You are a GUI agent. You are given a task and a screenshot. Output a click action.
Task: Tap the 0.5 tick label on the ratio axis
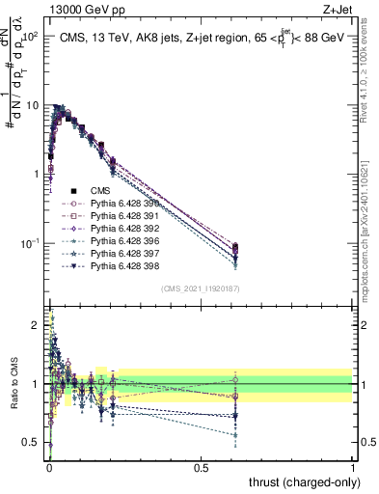click(33, 443)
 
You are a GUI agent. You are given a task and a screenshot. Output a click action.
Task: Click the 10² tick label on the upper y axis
click(31, 37)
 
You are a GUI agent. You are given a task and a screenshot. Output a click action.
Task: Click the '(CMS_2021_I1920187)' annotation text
click(200, 289)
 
